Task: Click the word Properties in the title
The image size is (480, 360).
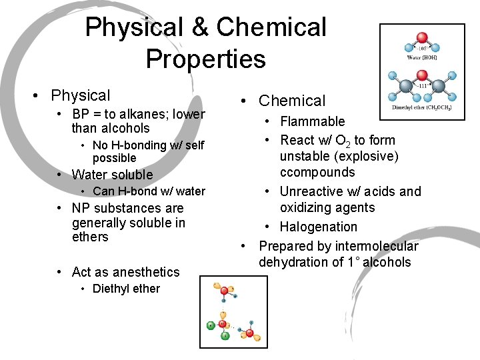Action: click(x=205, y=59)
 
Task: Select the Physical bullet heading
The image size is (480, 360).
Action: click(x=80, y=95)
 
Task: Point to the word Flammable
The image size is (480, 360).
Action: click(x=312, y=121)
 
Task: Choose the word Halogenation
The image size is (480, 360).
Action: click(x=318, y=227)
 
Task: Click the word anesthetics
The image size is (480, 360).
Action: click(x=146, y=272)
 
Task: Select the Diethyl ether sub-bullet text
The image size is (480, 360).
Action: click(x=126, y=289)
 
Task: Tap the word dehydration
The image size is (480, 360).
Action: click(x=292, y=262)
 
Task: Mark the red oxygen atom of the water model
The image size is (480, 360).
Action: click(x=421, y=38)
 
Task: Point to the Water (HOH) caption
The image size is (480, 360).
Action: click(x=421, y=58)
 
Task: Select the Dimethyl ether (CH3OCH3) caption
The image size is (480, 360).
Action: click(x=421, y=107)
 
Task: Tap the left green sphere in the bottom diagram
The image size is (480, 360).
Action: click(x=211, y=325)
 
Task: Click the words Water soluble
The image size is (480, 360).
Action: click(x=112, y=175)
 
